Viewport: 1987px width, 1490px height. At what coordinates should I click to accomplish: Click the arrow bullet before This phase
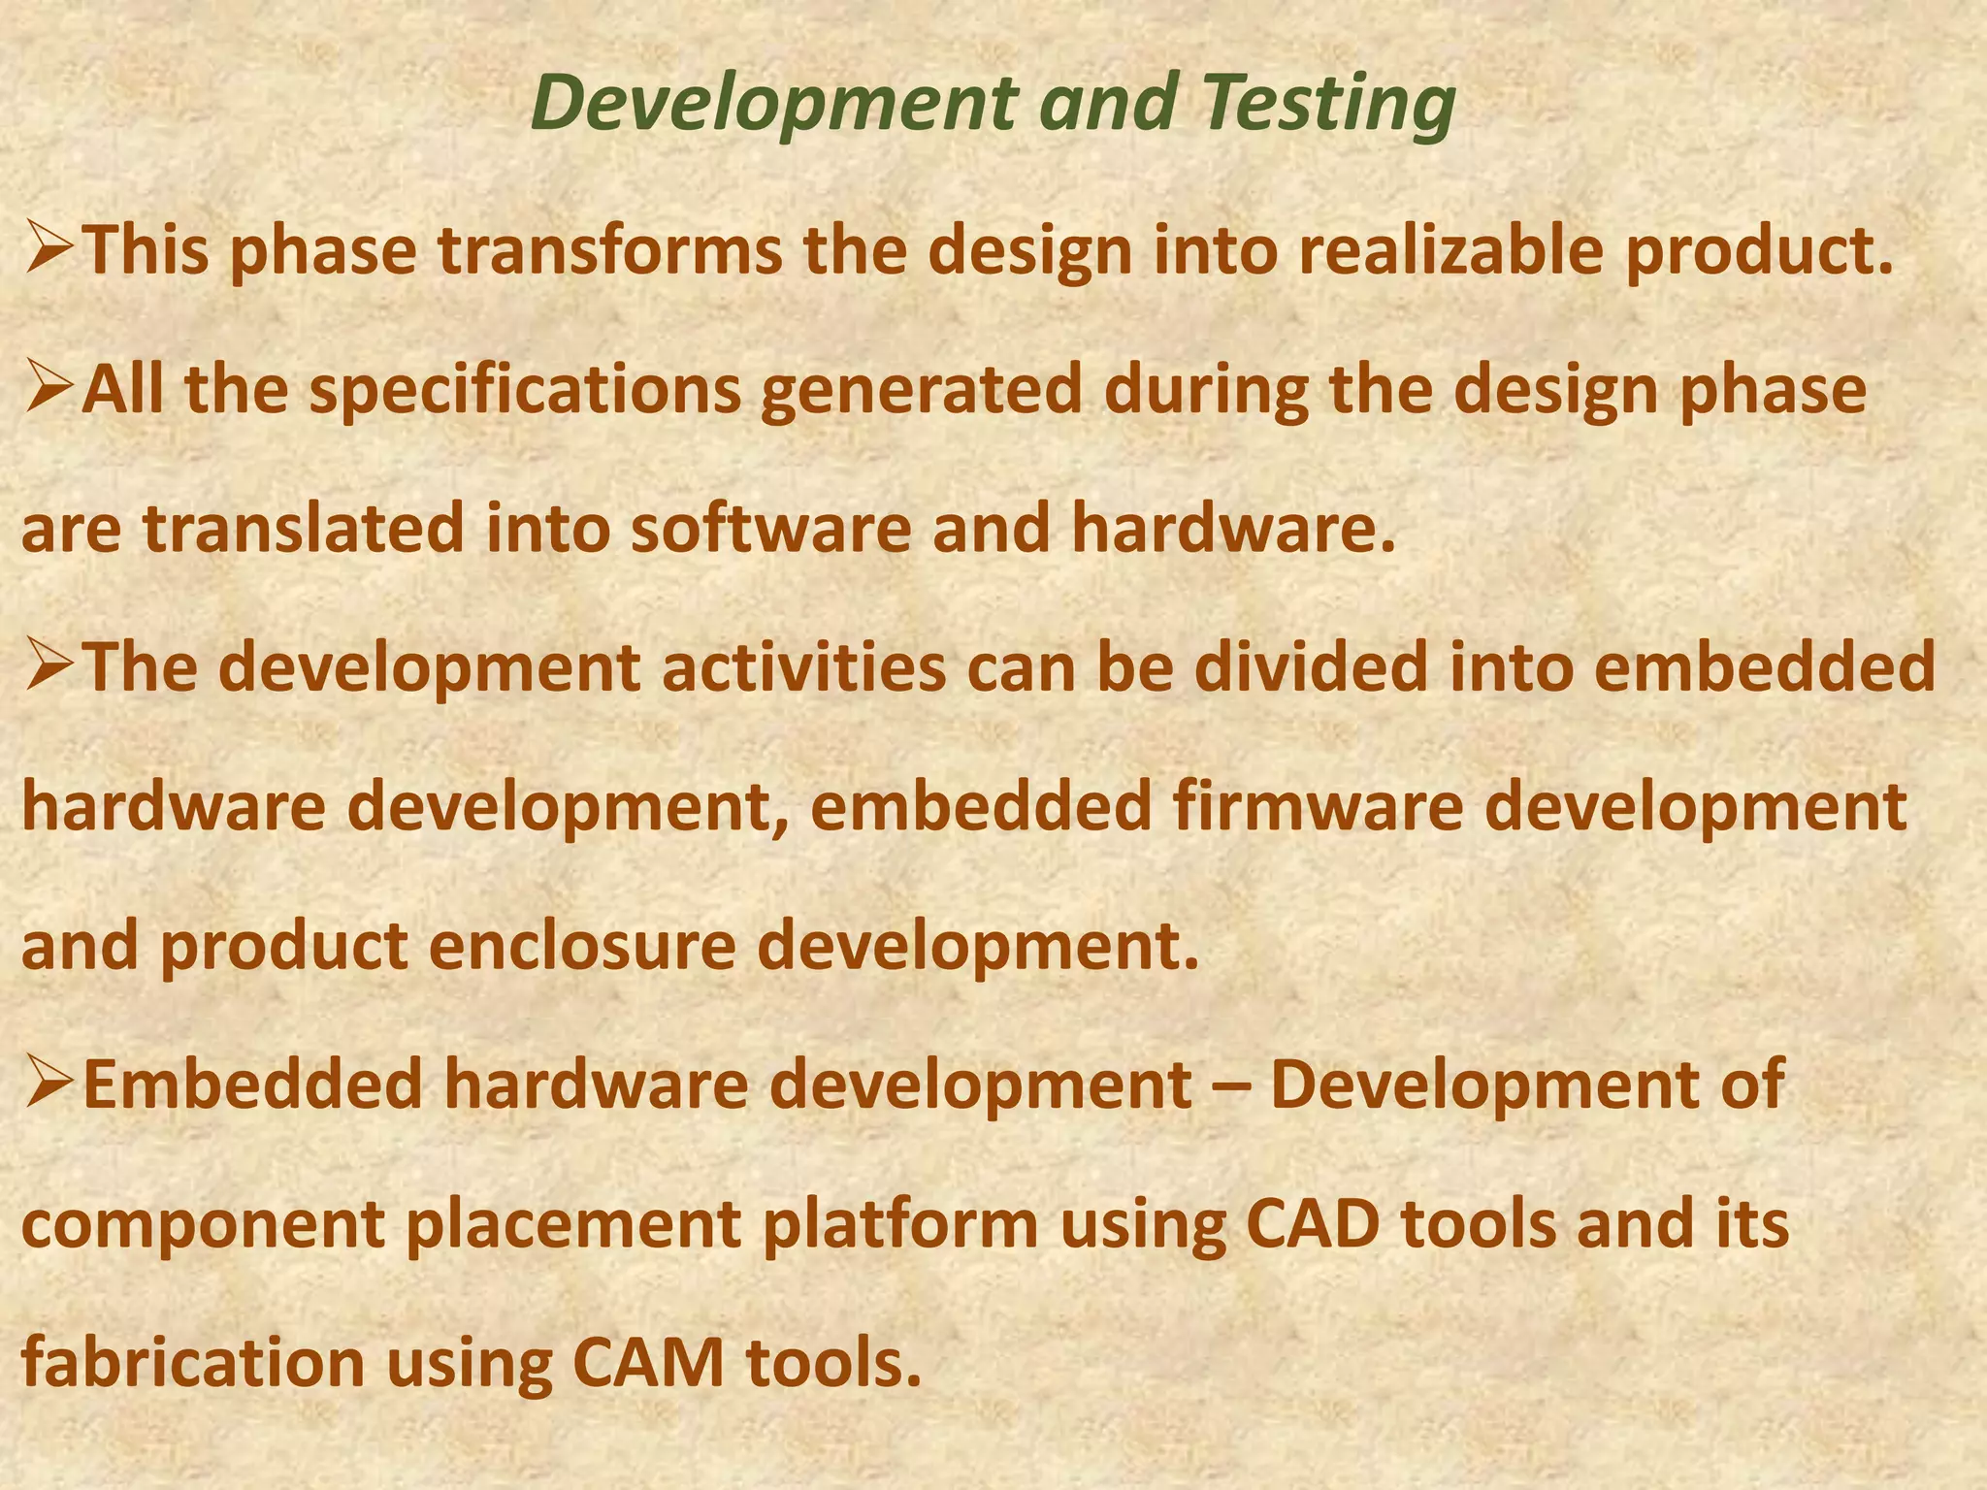(x=49, y=248)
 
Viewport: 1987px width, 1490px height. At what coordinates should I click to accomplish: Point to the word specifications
(x=524, y=391)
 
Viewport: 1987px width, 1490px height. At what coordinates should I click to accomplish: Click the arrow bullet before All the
(x=49, y=388)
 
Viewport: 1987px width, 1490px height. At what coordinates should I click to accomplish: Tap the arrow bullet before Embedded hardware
(x=49, y=1084)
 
